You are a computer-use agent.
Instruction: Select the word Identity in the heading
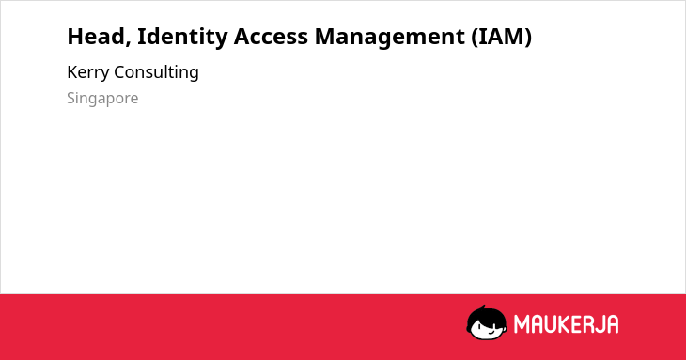tap(182, 38)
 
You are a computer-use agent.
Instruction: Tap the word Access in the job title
tap(271, 37)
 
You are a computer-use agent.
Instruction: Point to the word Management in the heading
tap(389, 38)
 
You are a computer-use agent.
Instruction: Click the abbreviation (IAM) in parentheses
tap(502, 37)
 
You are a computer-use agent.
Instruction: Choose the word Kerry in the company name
tap(87, 72)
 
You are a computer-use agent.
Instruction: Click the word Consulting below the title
tap(156, 72)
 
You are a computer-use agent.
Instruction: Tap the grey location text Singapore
tap(102, 99)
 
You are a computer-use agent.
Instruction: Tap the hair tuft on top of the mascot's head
tap(483, 307)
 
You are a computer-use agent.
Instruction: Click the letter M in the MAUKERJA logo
tap(522, 324)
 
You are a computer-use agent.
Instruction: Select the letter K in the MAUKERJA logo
tap(563, 324)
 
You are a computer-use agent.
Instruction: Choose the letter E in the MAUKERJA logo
tap(575, 324)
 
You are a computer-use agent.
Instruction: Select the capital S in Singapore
tap(71, 98)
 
